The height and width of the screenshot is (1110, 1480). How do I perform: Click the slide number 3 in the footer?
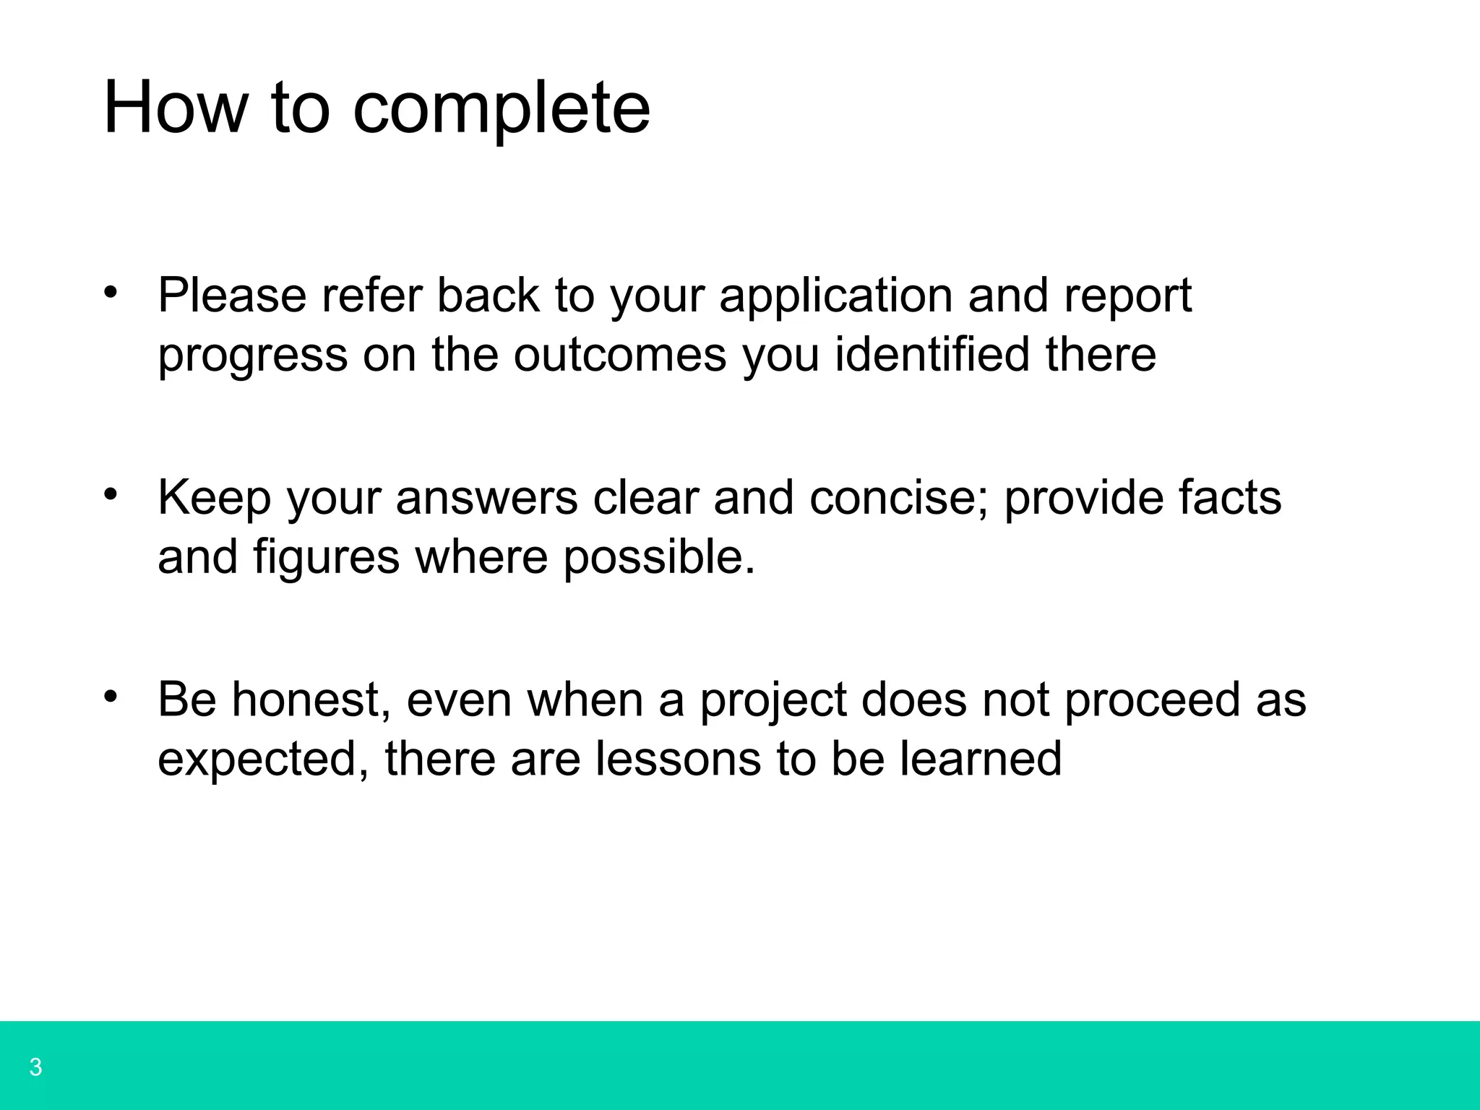coord(35,1067)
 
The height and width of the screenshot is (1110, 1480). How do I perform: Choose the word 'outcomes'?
coord(620,355)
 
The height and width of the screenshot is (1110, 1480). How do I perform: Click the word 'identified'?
coord(932,355)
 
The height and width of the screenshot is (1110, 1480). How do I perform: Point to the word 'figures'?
coord(326,559)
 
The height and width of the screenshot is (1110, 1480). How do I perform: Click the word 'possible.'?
coord(659,559)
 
